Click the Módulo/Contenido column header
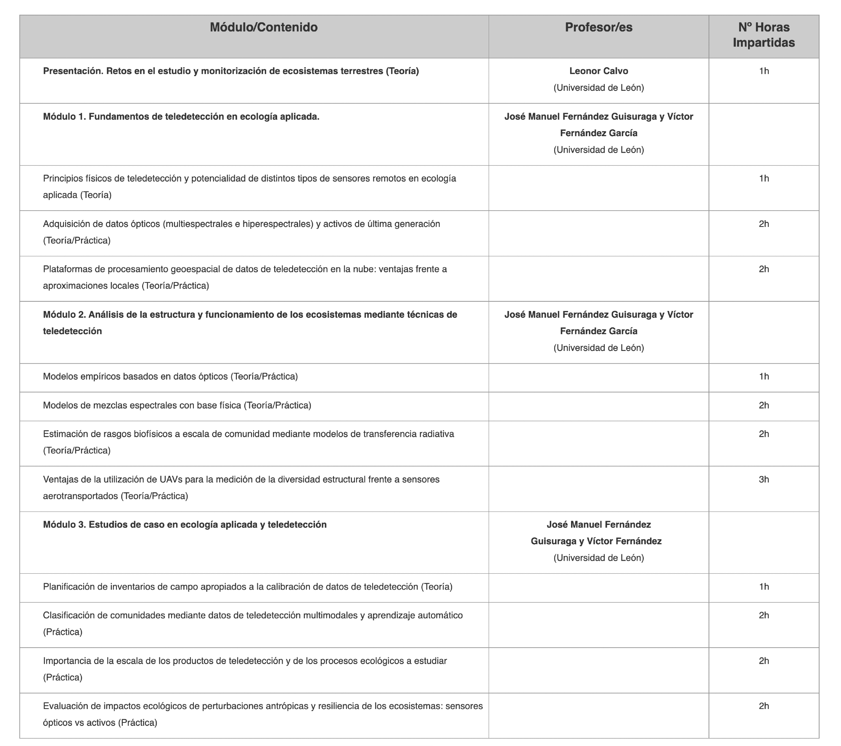(x=264, y=27)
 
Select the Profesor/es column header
(x=598, y=27)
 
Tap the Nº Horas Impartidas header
(x=764, y=35)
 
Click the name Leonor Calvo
(x=598, y=71)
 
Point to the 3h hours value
(x=764, y=479)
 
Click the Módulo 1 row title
(x=181, y=116)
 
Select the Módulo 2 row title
(x=250, y=314)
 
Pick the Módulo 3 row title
(x=185, y=525)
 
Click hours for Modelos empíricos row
(x=764, y=376)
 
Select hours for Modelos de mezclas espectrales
(x=764, y=405)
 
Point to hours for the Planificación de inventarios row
(x=764, y=586)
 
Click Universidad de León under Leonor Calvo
(x=598, y=87)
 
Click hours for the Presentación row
(x=764, y=71)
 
